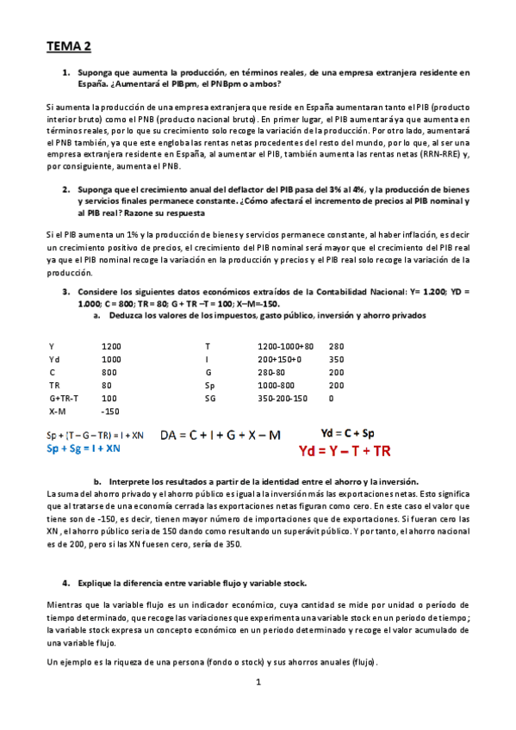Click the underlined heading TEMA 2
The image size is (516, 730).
68,45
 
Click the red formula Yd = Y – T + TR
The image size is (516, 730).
345,450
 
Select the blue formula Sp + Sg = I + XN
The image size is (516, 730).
84,449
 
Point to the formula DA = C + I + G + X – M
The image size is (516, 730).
221,436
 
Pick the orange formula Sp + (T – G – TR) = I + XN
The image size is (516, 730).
96,436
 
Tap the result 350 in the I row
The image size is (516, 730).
336,359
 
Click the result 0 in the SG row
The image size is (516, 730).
331,399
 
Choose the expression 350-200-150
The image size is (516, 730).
282,399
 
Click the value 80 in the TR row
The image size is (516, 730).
107,386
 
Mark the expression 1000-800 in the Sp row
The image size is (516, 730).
275,386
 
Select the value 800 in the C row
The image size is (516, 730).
109,372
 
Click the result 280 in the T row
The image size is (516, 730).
336,345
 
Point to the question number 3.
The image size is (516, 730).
65,292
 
